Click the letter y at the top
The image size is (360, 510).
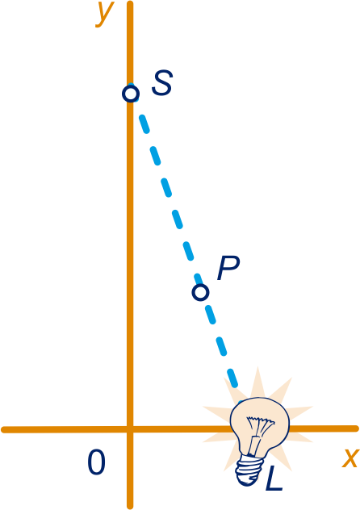point(105,14)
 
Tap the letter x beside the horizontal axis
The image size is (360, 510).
point(350,458)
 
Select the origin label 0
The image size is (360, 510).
point(97,462)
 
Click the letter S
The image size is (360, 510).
point(162,83)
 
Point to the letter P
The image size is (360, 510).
point(228,268)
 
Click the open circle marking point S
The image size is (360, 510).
point(131,94)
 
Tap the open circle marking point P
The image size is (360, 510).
point(200,292)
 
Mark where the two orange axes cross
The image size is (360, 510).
point(130,429)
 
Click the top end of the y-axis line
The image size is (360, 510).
point(130,3)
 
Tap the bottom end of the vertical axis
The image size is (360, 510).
point(130,506)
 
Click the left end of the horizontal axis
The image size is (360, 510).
point(4,429)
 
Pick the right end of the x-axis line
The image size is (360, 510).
point(356,428)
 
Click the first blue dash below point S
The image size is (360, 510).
point(144,123)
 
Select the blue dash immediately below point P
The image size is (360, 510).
point(211,315)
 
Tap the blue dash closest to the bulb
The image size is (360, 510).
point(232,378)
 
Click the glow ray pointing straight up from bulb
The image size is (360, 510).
point(257,382)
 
